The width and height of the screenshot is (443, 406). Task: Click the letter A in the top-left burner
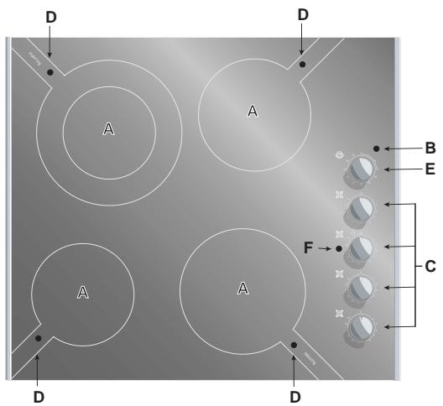click(x=107, y=128)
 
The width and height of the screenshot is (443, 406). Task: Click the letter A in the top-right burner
click(x=252, y=110)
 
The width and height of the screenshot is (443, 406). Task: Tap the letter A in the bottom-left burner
click(x=82, y=291)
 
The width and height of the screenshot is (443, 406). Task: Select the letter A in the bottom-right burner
click(x=242, y=289)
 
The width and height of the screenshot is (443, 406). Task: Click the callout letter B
click(x=430, y=148)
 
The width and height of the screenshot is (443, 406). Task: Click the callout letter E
click(x=430, y=170)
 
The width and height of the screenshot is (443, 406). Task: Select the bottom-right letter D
click(x=294, y=393)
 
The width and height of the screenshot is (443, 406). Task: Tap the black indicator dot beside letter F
click(x=338, y=249)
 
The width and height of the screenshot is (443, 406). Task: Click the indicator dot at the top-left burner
click(x=50, y=73)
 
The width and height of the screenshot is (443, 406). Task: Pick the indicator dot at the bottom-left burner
click(x=39, y=338)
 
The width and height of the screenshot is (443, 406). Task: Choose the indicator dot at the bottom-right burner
click(x=294, y=345)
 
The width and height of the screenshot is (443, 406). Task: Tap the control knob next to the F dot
click(x=361, y=249)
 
